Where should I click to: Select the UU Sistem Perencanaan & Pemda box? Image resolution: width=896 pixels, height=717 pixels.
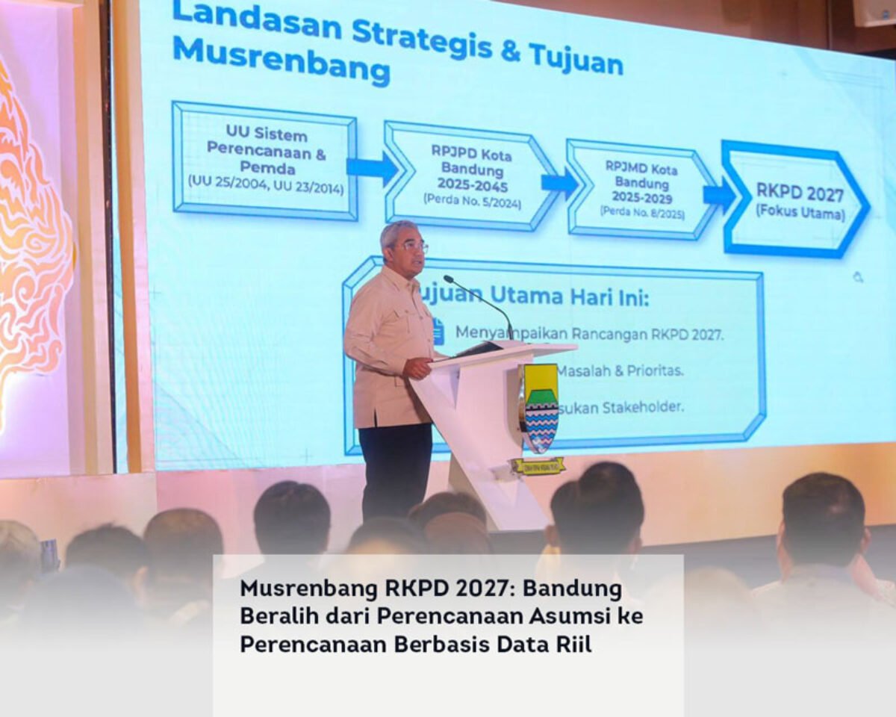pyautogui.click(x=265, y=161)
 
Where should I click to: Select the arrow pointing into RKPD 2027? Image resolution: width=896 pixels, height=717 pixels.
pyautogui.click(x=719, y=195)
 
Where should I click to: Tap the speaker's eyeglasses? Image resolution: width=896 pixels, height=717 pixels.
pyautogui.click(x=413, y=246)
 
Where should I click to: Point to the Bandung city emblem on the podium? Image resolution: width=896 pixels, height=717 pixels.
pyautogui.click(x=539, y=407)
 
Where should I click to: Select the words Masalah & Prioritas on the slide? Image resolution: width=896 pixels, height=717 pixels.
pyautogui.click(x=620, y=370)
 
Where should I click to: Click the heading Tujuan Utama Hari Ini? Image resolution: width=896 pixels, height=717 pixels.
pyautogui.click(x=534, y=296)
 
